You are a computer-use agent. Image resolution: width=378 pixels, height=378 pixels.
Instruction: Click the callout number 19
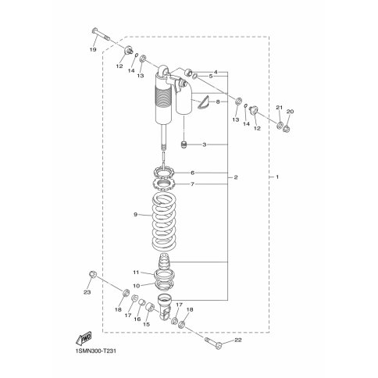93,49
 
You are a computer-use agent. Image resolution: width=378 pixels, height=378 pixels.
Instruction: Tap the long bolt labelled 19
101,34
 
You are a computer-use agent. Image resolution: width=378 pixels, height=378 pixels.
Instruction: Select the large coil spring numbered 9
164,221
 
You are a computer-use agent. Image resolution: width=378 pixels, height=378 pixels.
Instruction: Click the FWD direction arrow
84,338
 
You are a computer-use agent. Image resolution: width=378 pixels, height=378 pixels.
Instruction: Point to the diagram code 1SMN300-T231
96,351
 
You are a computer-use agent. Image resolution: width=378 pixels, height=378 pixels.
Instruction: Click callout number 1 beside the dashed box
277,177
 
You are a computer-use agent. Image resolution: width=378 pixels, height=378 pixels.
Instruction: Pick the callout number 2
236,177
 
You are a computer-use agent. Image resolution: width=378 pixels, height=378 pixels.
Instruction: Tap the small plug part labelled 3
184,144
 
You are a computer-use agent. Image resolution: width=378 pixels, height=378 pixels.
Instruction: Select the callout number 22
238,340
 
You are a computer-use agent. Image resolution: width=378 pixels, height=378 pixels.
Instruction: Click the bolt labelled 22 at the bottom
213,342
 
